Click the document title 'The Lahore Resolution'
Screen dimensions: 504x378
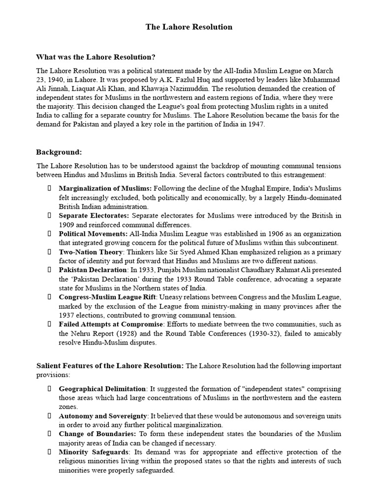pos(189,27)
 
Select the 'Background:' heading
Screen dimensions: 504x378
pos(59,152)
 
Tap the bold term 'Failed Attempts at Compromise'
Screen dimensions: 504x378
pos(111,324)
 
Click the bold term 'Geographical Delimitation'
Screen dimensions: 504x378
pos(102,389)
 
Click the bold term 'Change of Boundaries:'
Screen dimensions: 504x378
pos(97,434)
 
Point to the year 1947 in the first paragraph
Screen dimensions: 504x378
pos(255,124)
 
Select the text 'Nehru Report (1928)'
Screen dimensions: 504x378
pos(101,333)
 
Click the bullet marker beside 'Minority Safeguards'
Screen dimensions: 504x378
pos(49,452)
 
